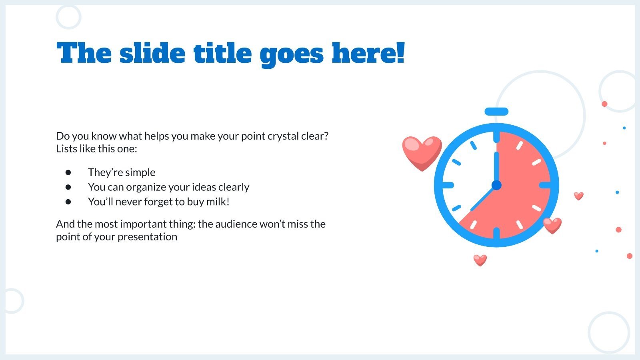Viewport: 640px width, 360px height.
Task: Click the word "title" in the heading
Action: tap(222, 53)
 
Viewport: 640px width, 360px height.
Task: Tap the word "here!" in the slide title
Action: tap(368, 53)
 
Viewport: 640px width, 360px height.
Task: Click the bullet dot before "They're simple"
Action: tap(68, 172)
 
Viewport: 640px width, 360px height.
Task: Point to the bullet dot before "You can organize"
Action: tap(68, 187)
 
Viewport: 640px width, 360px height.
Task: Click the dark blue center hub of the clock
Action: tap(496, 185)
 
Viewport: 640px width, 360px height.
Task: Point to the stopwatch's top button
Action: tap(496, 112)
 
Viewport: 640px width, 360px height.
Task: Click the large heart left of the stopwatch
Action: tap(422, 153)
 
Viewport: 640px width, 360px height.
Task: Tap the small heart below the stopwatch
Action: tap(480, 260)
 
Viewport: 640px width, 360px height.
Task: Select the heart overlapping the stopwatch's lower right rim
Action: tap(552, 226)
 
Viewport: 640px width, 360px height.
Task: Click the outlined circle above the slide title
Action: tap(68, 17)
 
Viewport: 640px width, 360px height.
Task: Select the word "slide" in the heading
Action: tap(152, 53)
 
